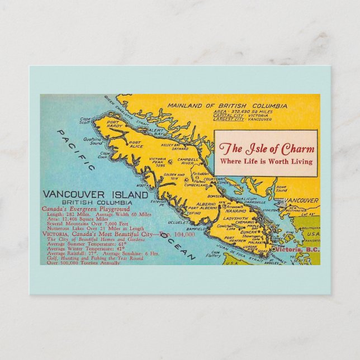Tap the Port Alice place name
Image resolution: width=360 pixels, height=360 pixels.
coord(136,143)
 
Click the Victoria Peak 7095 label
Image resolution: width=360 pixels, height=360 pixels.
coord(157,163)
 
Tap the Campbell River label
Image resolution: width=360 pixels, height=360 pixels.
coord(188,162)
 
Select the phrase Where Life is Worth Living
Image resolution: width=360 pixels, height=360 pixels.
coord(267,162)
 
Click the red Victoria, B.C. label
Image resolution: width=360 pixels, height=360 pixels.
coord(297,249)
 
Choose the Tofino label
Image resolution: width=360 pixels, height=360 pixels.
coord(193,212)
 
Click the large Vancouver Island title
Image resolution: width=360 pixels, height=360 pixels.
coord(96,195)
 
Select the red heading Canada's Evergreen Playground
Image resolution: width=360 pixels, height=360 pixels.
coord(86,209)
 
